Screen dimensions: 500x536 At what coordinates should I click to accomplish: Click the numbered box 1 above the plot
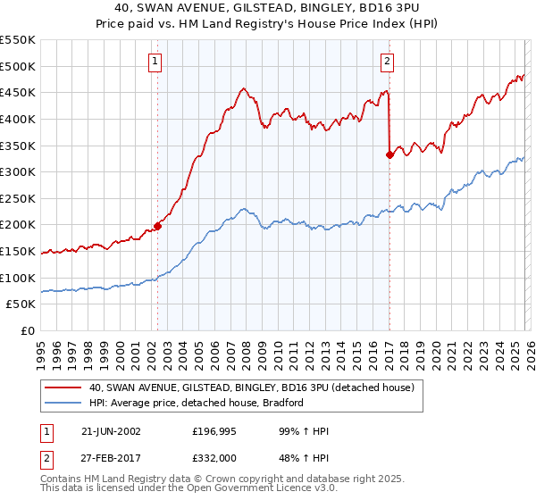155,62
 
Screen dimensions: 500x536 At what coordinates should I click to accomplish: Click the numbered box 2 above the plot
388,62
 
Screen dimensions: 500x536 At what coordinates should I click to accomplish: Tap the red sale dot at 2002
158,226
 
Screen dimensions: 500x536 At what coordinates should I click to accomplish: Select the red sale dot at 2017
389,154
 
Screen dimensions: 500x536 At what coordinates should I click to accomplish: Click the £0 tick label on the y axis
27,330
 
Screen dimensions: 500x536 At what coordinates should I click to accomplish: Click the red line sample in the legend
63,388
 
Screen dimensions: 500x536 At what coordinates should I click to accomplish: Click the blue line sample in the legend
63,403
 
